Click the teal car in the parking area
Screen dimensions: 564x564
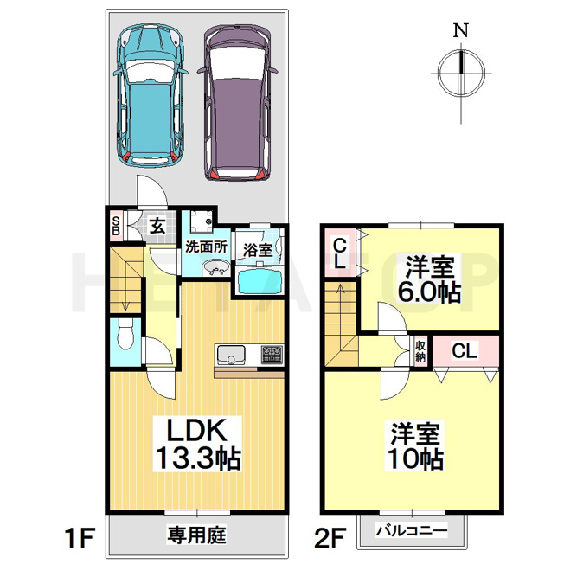[150, 95]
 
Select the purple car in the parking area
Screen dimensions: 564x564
[238, 103]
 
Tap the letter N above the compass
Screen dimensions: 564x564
[461, 30]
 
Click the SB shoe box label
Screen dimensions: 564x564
[116, 226]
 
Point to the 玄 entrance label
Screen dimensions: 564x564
[157, 226]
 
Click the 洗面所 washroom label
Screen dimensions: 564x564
[206, 247]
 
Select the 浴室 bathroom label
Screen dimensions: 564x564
[257, 250]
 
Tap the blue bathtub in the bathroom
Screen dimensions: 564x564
[259, 282]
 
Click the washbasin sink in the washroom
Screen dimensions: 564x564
[215, 268]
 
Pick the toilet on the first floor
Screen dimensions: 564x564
[125, 334]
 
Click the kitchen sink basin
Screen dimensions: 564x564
[231, 355]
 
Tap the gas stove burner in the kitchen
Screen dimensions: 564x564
[272, 354]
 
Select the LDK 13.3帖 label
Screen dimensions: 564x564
[197, 445]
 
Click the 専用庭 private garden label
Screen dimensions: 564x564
[196, 534]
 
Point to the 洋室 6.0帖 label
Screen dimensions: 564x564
[428, 279]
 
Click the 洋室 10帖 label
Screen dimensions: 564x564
[414, 446]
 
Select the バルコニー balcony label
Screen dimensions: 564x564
[412, 530]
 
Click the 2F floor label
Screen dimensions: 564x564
[330, 537]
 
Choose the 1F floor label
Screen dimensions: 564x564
[80, 537]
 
